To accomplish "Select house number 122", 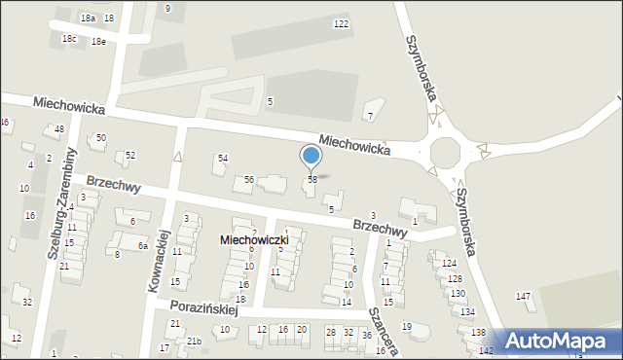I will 341,23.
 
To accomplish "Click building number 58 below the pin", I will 312,180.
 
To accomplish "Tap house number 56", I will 249,180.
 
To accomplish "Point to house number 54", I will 223,158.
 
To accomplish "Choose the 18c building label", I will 69,39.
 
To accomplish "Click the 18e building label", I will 98,42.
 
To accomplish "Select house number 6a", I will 142,246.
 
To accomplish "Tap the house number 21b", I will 195,341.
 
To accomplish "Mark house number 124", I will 448,264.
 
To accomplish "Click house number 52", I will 130,156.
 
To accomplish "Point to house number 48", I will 59,129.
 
